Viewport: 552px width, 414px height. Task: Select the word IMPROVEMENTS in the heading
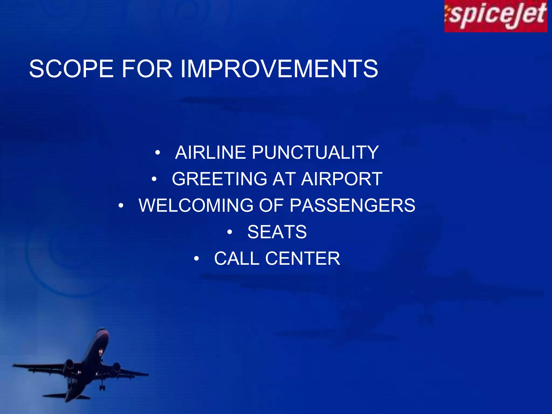click(x=279, y=69)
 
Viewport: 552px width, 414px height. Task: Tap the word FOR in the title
click(x=147, y=69)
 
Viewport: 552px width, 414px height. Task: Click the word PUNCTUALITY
click(x=315, y=153)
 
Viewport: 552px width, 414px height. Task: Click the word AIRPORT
click(x=341, y=179)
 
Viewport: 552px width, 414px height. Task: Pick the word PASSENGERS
click(x=352, y=205)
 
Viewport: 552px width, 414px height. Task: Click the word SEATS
click(x=277, y=232)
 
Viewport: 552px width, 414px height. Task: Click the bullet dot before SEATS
click(x=229, y=232)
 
